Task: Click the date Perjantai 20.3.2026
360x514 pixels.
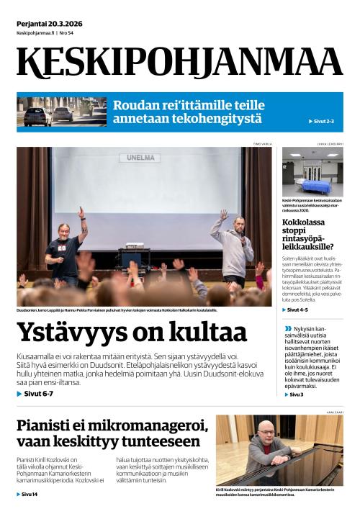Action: pyautogui.click(x=50, y=24)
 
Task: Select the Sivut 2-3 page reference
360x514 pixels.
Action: pyautogui.click(x=323, y=121)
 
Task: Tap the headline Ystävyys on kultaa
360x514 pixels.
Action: pyautogui.click(x=132, y=333)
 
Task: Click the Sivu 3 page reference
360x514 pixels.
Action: pyautogui.click(x=297, y=394)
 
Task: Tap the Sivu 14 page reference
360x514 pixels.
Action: pyautogui.click(x=30, y=495)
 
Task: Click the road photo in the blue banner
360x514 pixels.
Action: pyautogui.click(x=60, y=112)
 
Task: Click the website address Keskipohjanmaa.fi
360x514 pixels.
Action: pyautogui.click(x=36, y=33)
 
